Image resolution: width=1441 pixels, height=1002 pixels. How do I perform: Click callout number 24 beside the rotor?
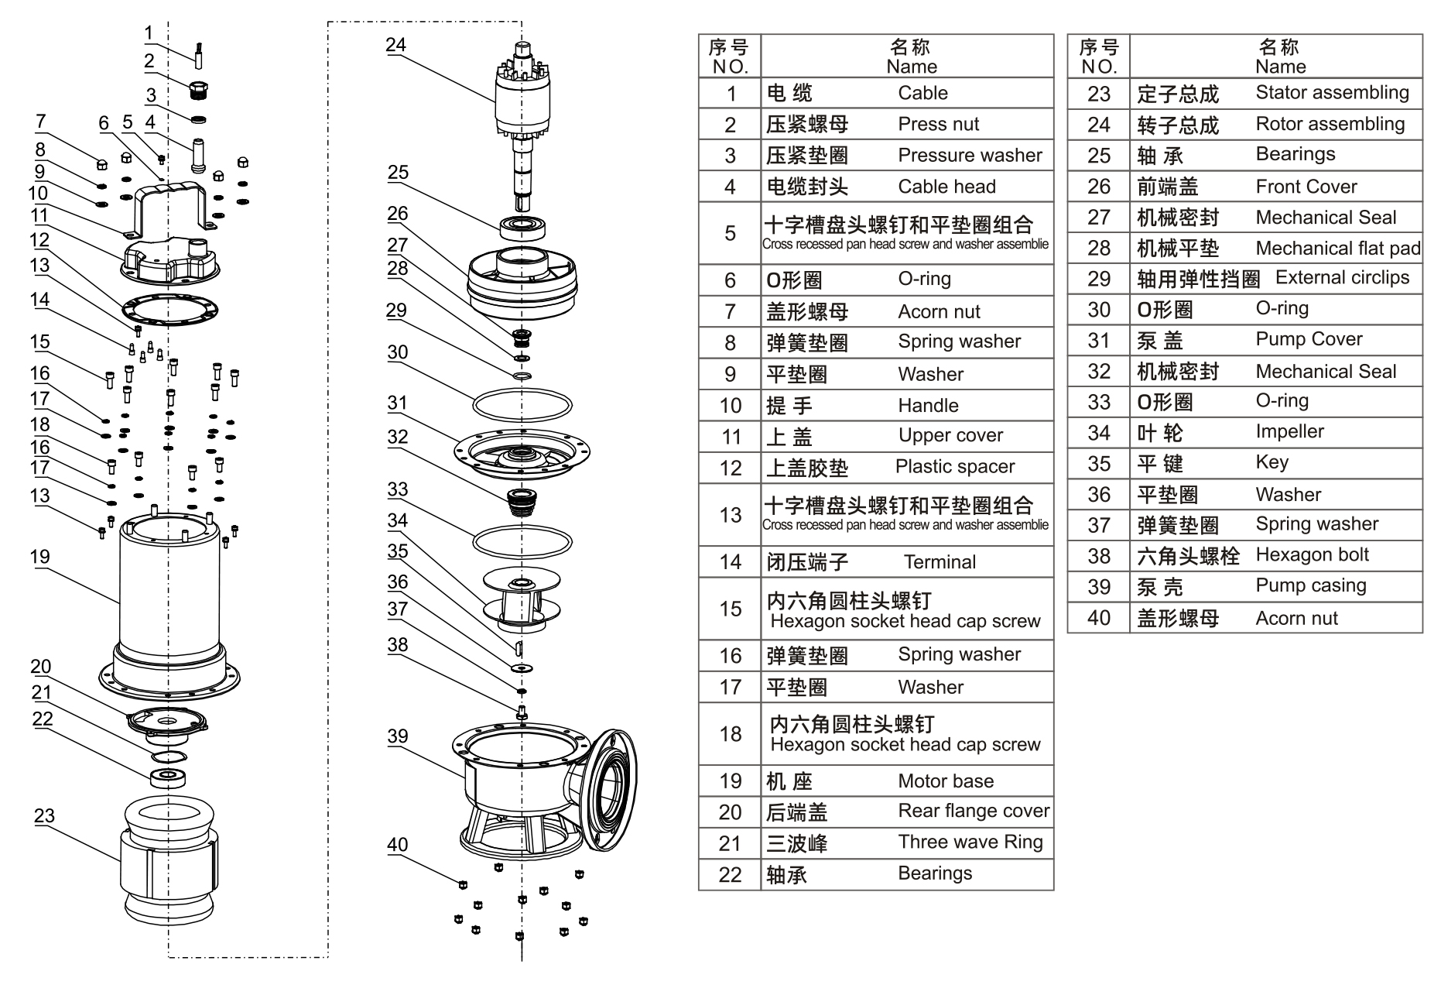click(x=395, y=45)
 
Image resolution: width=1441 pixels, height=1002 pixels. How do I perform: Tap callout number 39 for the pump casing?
click(x=397, y=736)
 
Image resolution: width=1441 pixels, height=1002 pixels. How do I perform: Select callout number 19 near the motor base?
click(x=40, y=557)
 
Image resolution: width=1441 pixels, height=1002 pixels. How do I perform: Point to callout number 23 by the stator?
click(x=44, y=815)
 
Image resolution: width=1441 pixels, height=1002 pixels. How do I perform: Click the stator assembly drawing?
click(x=169, y=860)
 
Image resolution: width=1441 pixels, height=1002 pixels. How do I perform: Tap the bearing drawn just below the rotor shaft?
click(x=523, y=227)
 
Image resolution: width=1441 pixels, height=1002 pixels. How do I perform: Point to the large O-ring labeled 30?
click(x=522, y=405)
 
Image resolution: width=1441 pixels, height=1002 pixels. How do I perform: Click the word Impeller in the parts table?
click(x=1289, y=431)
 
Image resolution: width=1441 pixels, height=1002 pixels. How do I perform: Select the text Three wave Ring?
click(x=970, y=842)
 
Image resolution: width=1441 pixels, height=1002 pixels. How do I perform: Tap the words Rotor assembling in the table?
click(x=1330, y=124)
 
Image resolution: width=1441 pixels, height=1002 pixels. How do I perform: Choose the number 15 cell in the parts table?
click(x=730, y=609)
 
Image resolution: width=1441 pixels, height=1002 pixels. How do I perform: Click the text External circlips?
click(x=1342, y=277)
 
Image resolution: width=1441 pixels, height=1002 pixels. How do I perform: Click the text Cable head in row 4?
click(x=946, y=187)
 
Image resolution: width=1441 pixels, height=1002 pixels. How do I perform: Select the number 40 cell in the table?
click(x=1098, y=618)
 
